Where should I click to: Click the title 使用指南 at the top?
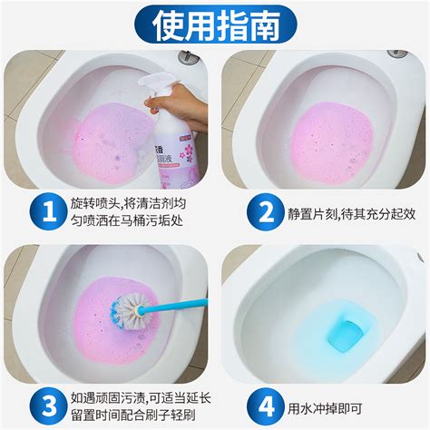click(x=215, y=24)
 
